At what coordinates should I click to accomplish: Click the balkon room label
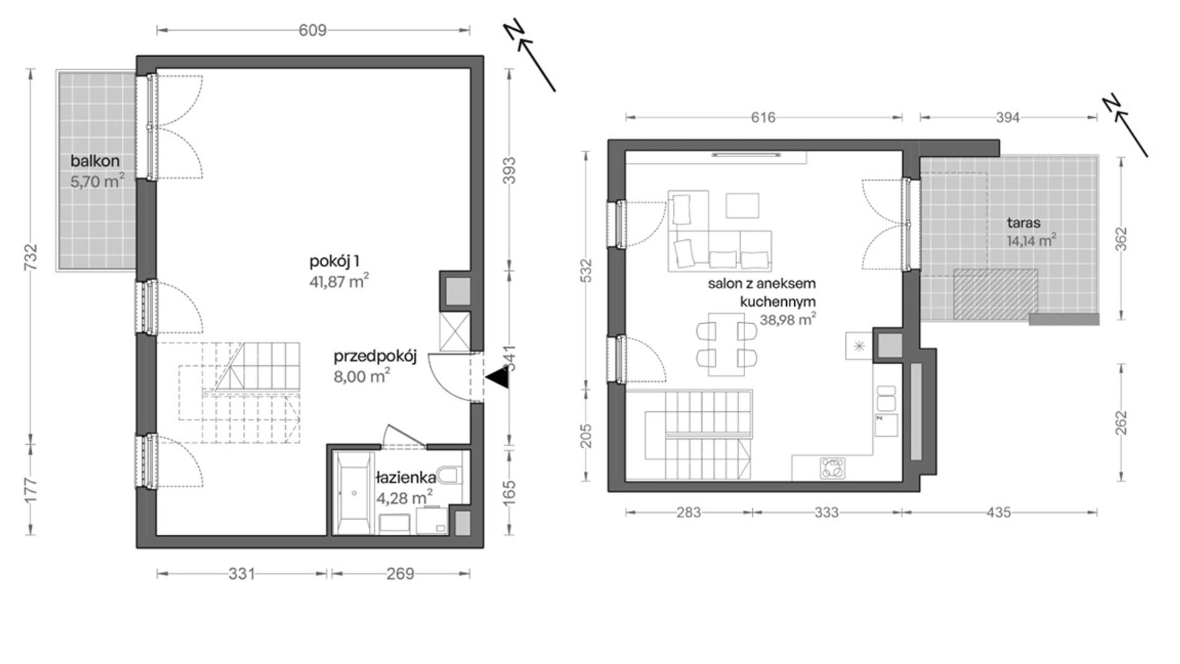(95, 161)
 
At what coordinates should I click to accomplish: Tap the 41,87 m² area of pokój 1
(339, 282)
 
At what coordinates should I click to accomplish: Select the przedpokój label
(374, 357)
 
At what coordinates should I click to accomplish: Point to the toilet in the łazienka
(449, 475)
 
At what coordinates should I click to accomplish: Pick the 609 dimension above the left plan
(312, 30)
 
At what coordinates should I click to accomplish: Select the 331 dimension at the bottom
(242, 573)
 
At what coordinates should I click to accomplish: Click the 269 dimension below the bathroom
(401, 573)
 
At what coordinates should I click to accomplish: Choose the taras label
(1024, 223)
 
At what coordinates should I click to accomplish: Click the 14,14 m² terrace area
(1032, 240)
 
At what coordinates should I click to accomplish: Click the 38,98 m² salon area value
(787, 320)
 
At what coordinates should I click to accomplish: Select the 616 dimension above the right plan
(763, 117)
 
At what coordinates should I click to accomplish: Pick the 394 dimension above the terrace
(1008, 117)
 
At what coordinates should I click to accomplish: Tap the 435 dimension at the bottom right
(999, 512)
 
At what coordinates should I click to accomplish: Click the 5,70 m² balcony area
(98, 183)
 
